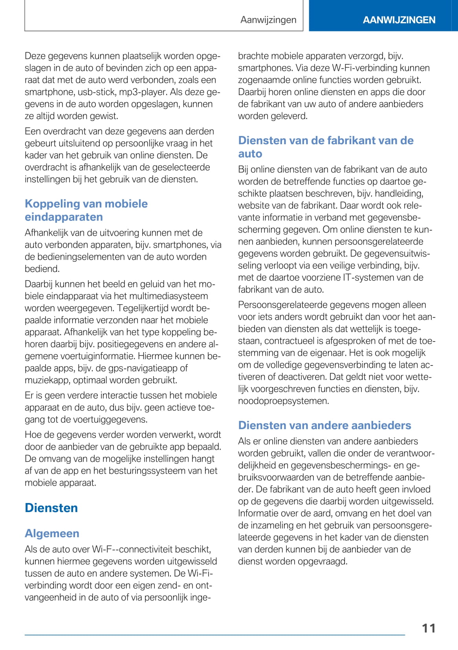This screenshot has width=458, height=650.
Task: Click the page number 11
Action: [x=429, y=628]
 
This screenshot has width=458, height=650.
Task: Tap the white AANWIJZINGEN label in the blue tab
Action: [x=399, y=20]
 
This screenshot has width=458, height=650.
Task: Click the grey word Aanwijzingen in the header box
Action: [x=268, y=20]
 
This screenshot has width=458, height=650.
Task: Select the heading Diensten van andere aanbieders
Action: [x=324, y=425]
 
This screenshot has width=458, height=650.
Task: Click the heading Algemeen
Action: [x=52, y=533]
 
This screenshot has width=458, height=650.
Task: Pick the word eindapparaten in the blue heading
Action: [x=64, y=217]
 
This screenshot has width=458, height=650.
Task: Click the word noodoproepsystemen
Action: [x=283, y=401]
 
